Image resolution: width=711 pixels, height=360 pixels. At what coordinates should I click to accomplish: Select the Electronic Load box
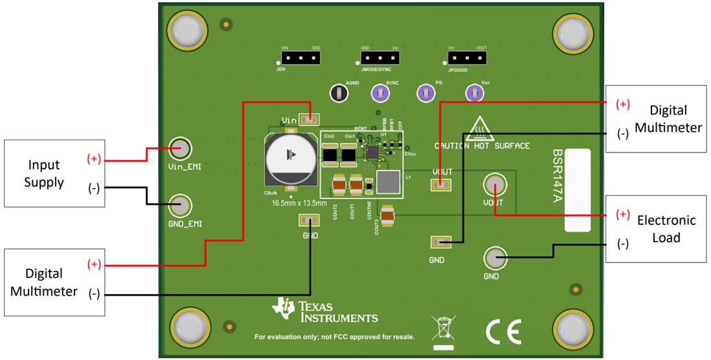(655, 229)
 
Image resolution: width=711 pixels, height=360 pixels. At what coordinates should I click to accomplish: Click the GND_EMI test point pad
(180, 206)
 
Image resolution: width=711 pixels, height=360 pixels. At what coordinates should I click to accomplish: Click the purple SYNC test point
(380, 94)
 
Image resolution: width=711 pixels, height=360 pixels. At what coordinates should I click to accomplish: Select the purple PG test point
(425, 94)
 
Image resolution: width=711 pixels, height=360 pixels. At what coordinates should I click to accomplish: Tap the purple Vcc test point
(475, 94)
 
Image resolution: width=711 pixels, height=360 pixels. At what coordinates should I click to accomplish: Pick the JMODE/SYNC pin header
(380, 58)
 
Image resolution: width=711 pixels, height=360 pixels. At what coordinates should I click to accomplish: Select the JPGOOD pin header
(467, 58)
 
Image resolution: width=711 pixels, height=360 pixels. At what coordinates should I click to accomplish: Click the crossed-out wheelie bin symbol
(443, 328)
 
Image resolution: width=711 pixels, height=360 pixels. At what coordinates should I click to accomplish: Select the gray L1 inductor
(389, 183)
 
